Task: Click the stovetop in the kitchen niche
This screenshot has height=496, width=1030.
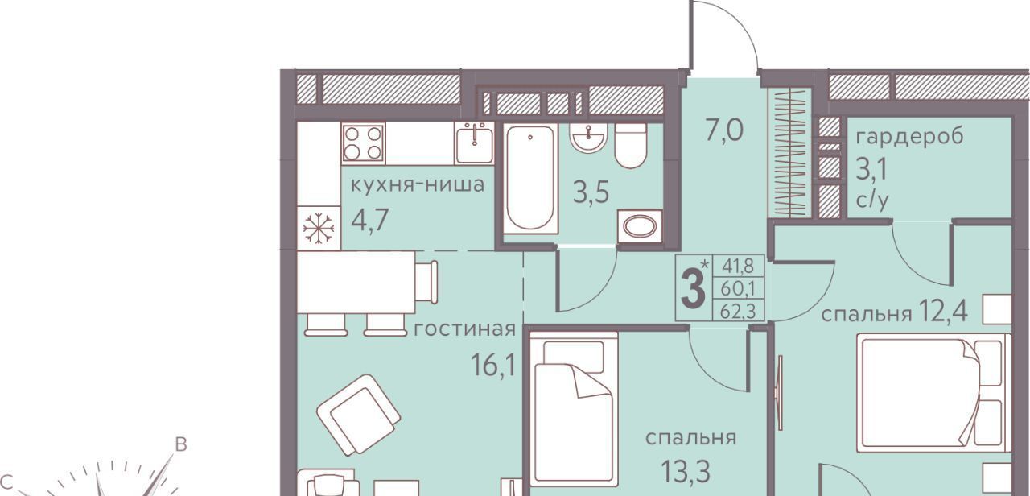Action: coord(363,143)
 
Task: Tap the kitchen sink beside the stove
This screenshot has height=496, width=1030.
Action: coord(474,143)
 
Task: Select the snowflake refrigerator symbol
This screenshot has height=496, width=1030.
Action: coord(318,228)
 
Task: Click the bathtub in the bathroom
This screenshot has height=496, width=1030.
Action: coord(530,179)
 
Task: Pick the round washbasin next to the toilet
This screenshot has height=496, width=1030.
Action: coord(588,137)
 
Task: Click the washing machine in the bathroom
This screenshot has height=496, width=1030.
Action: coord(639,226)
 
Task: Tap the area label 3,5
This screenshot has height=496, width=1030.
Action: coord(591,192)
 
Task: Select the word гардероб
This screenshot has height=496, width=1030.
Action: coord(909,137)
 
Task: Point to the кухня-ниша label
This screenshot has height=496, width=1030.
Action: coord(418,184)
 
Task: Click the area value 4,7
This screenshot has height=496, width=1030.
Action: coord(370,221)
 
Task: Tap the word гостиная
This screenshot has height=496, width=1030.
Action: coord(464,329)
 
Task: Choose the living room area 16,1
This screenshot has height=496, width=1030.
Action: coord(492,366)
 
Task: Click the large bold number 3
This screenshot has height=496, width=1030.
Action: coord(693,289)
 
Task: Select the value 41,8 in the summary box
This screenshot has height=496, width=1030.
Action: coord(738,266)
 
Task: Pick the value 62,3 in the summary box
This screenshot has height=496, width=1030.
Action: coord(738,312)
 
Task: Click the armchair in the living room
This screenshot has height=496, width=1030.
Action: coord(359,414)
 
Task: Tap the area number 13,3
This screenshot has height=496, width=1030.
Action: coord(686,471)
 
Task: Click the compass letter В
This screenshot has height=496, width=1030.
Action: coord(181,445)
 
